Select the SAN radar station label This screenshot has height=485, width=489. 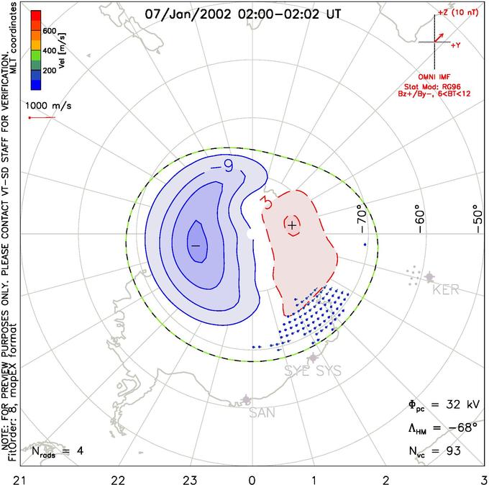262,413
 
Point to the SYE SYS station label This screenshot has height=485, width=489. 312,371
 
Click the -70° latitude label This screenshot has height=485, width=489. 361,216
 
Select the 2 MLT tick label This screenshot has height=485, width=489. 386,479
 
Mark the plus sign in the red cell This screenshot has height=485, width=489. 292,225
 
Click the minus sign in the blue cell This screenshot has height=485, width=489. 194,246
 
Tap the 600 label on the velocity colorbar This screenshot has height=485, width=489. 49,31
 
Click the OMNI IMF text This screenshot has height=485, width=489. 439,76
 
